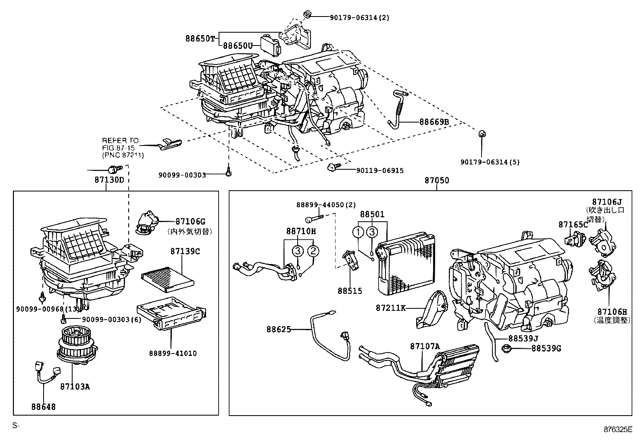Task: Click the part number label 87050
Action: coord(436,181)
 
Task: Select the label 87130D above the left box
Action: coord(109,180)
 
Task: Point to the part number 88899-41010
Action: coord(173,354)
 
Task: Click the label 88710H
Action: coord(301,231)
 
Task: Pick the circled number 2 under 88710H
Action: coord(313,251)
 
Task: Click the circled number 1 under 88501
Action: coord(358,232)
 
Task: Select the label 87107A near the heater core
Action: coord(425,346)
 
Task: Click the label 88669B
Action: coord(434,121)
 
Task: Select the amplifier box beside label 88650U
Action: coord(270,46)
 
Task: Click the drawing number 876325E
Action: coord(617,429)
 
